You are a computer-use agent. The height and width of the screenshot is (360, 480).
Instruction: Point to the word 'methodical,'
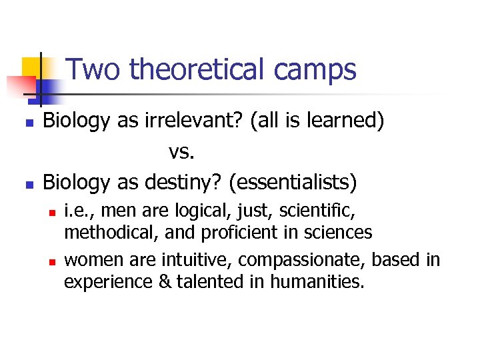coord(102,233)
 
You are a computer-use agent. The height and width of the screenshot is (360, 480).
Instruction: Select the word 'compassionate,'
coord(291,260)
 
